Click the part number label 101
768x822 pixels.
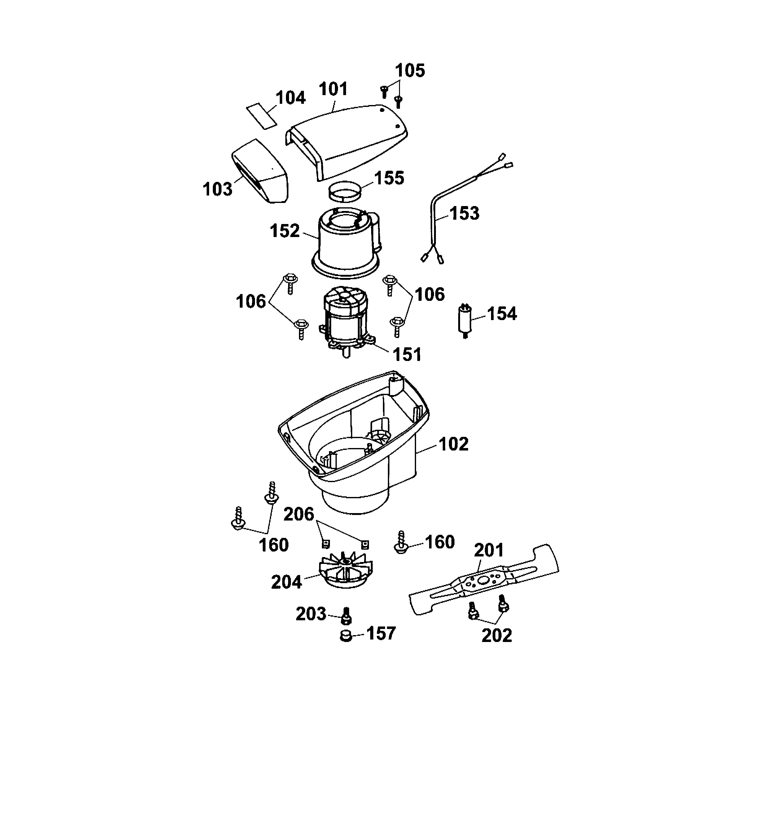pos(333,89)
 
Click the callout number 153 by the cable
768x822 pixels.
pos(464,213)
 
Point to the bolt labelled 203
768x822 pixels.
pos(347,616)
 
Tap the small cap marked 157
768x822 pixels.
pos(345,636)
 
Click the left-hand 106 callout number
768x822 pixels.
pos(251,301)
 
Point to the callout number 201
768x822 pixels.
pos(489,550)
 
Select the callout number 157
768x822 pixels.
pos(381,633)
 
